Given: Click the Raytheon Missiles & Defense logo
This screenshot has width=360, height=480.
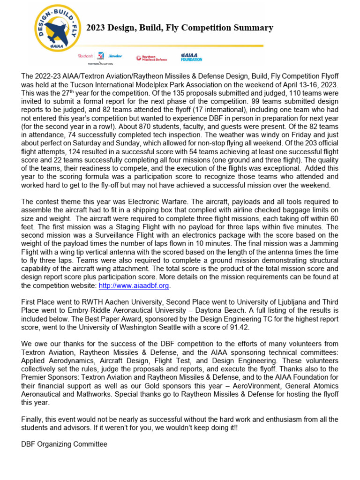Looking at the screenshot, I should point(151,58).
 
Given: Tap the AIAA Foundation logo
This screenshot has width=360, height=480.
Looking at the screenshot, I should point(192,57).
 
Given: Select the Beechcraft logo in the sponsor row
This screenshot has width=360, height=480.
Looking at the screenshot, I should point(85,55).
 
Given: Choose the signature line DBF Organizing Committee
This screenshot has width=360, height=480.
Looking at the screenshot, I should point(64,444).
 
